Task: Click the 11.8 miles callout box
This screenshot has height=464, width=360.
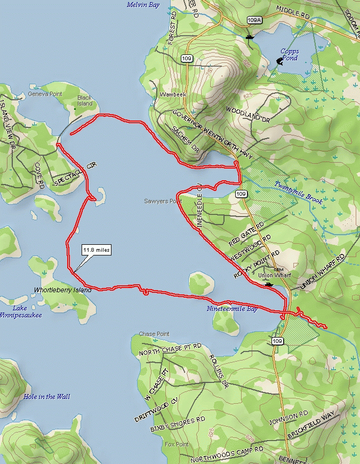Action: click(x=96, y=250)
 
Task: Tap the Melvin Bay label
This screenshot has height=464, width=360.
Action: click(x=143, y=5)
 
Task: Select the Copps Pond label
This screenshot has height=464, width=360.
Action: click(x=290, y=55)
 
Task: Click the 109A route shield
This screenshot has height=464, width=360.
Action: click(x=255, y=20)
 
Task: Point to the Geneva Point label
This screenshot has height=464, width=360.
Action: click(x=45, y=94)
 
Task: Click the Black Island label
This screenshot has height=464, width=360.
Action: click(x=85, y=101)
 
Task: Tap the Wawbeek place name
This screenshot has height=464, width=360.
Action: click(x=171, y=95)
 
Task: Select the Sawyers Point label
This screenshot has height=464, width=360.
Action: click(x=163, y=201)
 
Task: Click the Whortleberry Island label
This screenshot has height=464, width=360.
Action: click(x=62, y=290)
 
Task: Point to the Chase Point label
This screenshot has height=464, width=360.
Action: click(x=154, y=334)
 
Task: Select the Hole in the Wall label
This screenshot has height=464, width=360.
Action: click(x=46, y=397)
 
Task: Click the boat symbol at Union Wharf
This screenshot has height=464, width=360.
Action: click(x=269, y=284)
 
